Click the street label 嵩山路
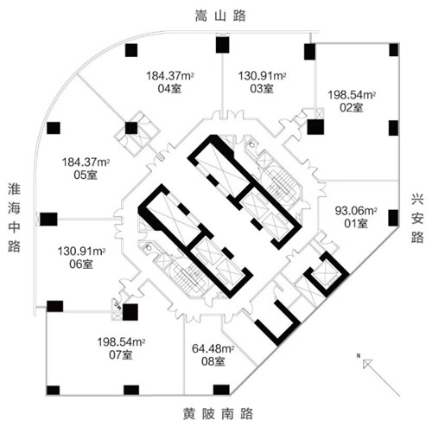[220, 16]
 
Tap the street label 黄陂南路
[218, 414]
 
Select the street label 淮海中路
[14, 218]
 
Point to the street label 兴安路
[417, 219]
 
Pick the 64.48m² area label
[213, 348]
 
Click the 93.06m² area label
[356, 211]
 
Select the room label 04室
[169, 89]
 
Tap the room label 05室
[86, 175]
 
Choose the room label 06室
[81, 264]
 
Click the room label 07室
[121, 355]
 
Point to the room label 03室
[262, 88]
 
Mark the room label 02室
[352, 108]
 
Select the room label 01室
[356, 224]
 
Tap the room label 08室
[213, 361]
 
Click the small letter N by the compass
[359, 356]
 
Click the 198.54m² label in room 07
[121, 342]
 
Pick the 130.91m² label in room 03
[262, 76]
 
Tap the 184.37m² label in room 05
[86, 163]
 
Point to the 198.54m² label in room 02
[352, 95]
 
